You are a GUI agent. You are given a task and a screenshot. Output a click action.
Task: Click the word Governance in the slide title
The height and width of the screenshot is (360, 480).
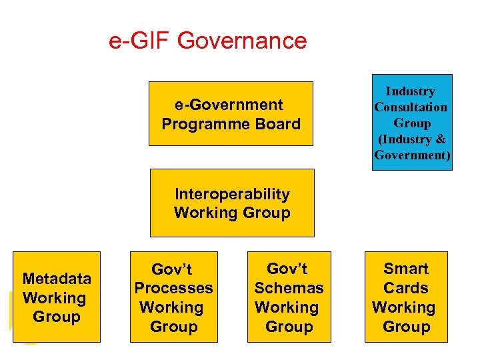[243, 41]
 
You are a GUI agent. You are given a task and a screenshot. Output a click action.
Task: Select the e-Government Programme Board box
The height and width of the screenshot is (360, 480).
[231, 113]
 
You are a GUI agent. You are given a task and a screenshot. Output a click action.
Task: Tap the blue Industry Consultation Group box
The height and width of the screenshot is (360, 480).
[411, 123]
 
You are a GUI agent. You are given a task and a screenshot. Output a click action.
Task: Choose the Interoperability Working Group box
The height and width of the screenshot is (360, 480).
[232, 203]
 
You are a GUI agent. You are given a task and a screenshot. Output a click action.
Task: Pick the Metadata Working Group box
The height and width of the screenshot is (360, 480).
[56, 297]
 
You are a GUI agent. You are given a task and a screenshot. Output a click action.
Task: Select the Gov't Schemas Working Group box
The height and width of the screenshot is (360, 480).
[289, 297]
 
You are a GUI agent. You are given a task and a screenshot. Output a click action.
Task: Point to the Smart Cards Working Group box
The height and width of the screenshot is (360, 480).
[405, 297]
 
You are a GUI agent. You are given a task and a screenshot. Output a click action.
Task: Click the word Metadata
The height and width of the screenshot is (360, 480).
[56, 279]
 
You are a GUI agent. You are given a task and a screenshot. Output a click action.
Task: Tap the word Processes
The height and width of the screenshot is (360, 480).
[173, 289]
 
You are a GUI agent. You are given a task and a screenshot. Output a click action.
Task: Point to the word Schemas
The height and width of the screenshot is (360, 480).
[289, 288]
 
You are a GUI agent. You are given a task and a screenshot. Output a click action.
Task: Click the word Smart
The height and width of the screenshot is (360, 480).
[406, 269]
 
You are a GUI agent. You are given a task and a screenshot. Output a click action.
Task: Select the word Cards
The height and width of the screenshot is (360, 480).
[406, 288]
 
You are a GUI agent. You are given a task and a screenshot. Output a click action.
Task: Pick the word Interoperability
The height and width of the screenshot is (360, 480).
[232, 194]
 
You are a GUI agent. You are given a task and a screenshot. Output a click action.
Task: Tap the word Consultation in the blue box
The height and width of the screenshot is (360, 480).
[411, 107]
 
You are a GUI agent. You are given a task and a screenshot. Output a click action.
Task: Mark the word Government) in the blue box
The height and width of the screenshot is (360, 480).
[413, 155]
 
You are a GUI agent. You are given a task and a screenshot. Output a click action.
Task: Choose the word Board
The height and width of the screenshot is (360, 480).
[276, 124]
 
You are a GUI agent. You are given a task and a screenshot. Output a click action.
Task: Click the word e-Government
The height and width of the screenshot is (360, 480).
[229, 105]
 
